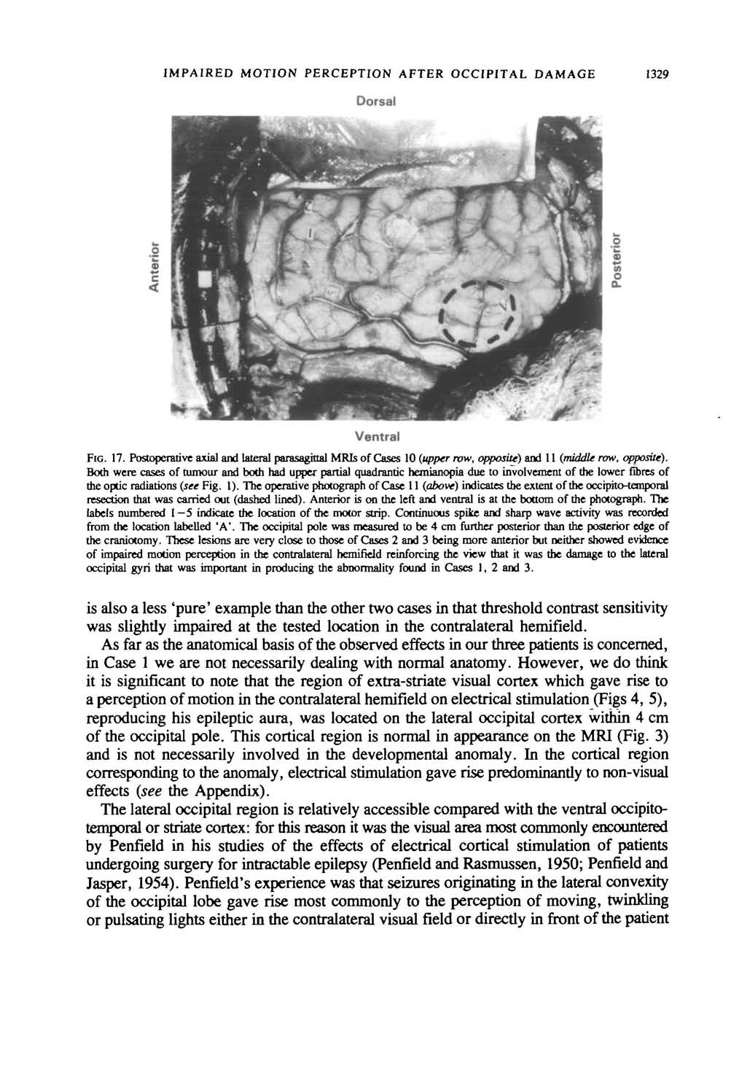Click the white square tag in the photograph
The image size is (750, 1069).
pyautogui.click(x=204, y=281)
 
